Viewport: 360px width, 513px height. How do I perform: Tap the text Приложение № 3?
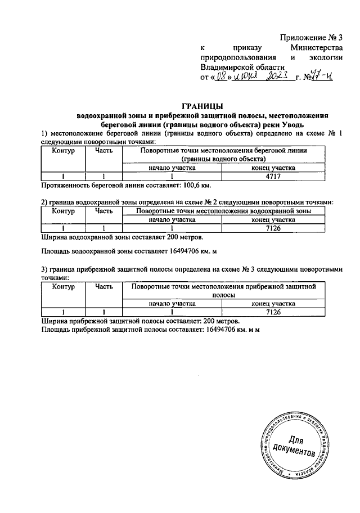point(311,38)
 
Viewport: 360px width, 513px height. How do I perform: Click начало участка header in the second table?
point(172,220)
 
